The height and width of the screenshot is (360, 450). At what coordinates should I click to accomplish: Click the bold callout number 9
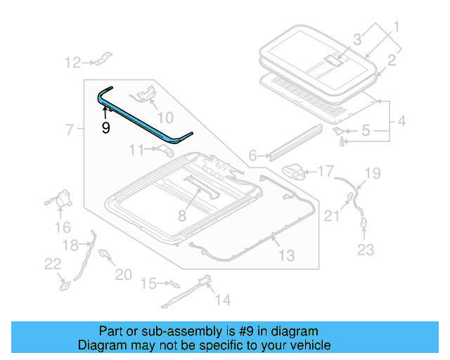105,128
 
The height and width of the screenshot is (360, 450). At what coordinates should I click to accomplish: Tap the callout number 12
74,63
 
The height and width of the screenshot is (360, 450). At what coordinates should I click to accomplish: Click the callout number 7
70,129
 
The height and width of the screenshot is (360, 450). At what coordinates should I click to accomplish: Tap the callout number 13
286,256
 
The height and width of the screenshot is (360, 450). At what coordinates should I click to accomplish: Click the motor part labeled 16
63,200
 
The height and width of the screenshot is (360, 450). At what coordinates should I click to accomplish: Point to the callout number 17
326,171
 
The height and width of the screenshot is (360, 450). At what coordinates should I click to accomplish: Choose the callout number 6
252,156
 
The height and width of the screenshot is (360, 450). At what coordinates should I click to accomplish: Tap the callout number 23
366,250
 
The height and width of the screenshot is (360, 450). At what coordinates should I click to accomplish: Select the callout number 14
222,300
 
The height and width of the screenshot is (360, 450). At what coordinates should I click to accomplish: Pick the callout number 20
123,274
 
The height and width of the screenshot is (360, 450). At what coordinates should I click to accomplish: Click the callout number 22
53,263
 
